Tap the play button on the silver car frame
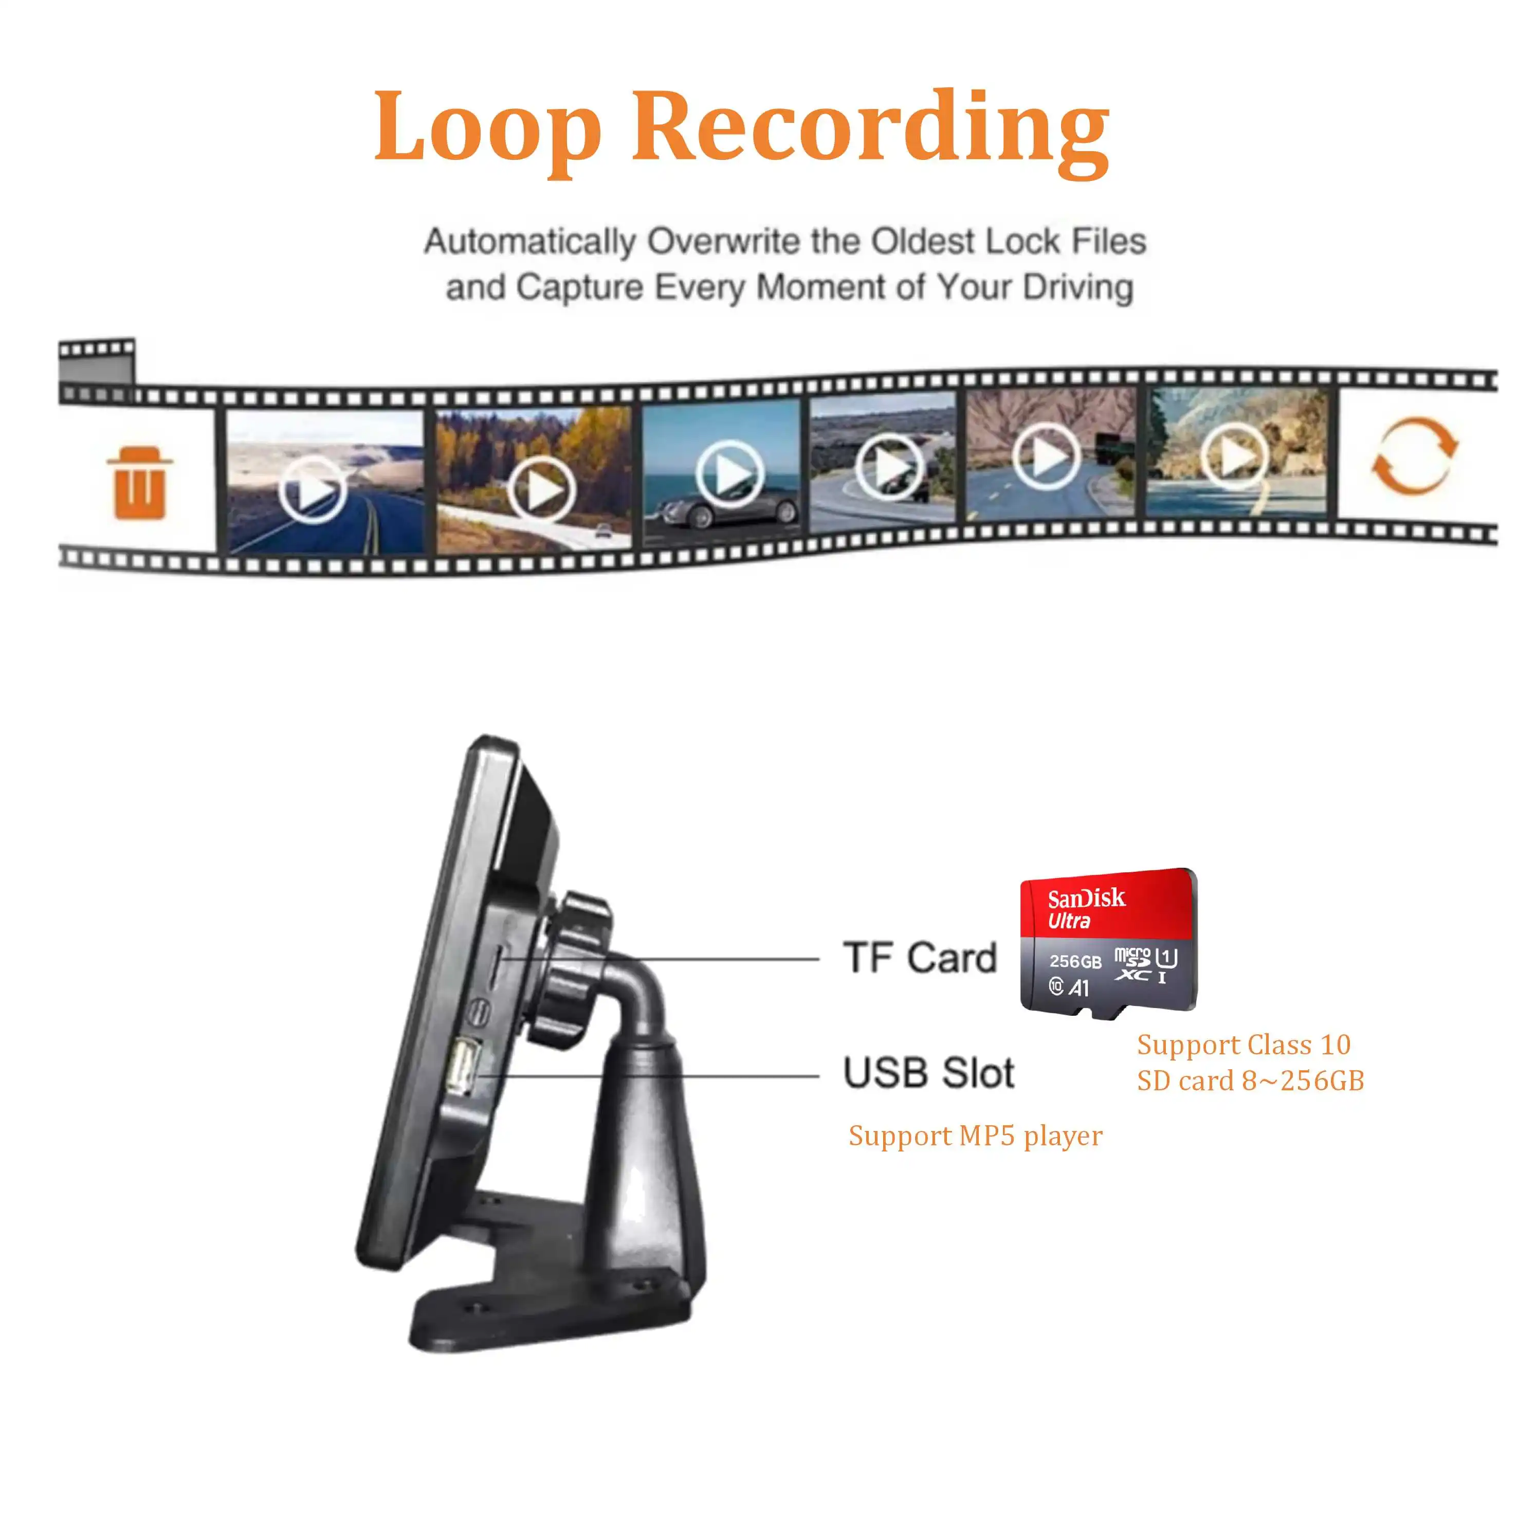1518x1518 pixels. tap(730, 474)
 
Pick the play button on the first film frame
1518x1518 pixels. tap(313, 489)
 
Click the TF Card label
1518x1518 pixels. tap(919, 958)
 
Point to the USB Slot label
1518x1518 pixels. tap(929, 1072)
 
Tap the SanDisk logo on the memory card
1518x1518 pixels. tap(1086, 898)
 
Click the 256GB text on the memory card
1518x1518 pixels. tap(1075, 961)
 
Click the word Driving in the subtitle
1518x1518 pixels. tap(1078, 287)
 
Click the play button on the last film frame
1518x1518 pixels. tap(1234, 456)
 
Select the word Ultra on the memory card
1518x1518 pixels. tap(1069, 921)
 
